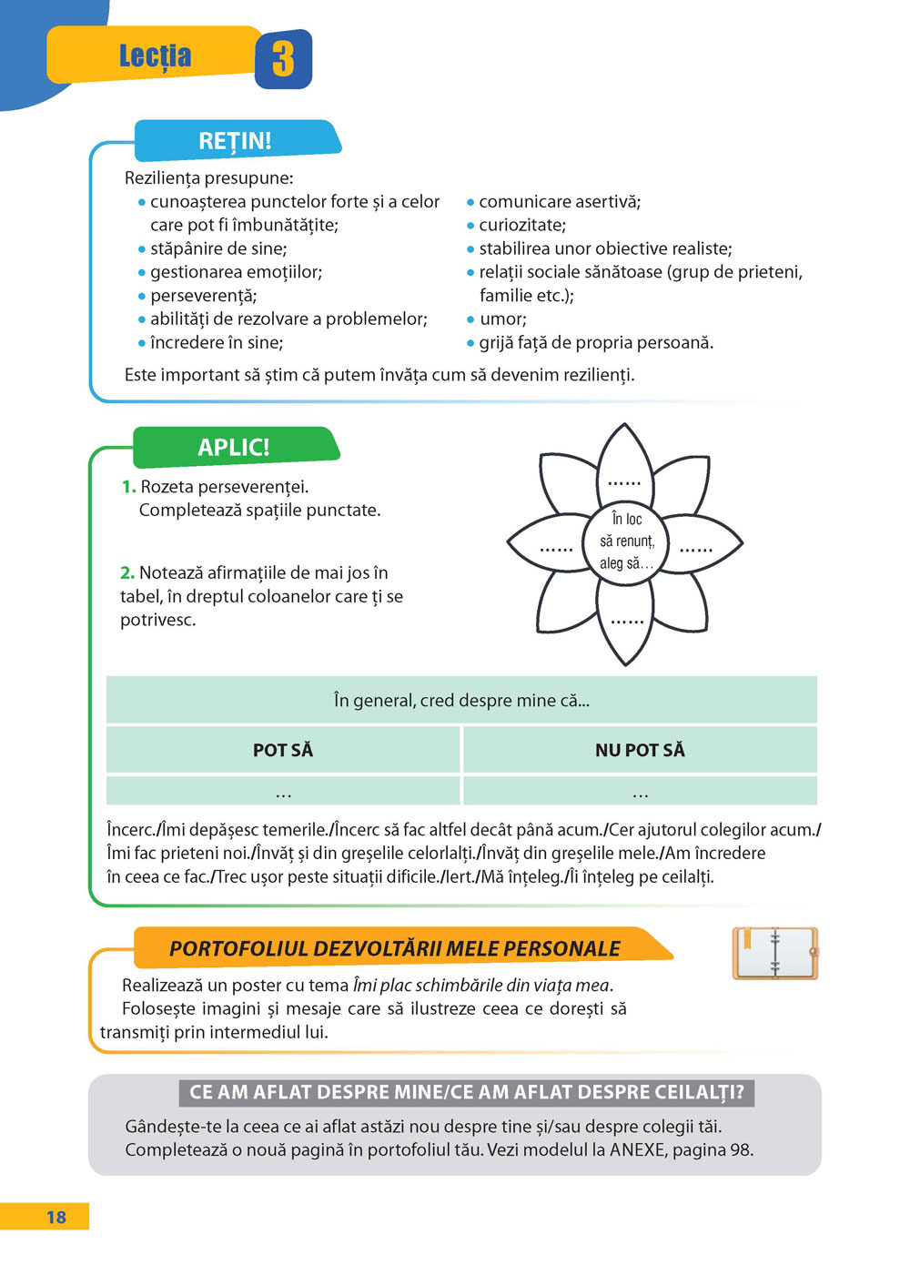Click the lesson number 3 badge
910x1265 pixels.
pos(283,59)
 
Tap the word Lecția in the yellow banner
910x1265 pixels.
pos(156,56)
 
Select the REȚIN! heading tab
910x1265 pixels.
pos(235,141)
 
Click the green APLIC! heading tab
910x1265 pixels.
pos(234,447)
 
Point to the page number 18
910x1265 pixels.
pos(56,1217)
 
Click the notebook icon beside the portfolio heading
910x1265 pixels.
pos(775,953)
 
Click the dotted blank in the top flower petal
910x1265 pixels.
pos(624,482)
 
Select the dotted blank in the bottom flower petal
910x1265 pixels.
pos(627,622)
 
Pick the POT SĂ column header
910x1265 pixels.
pos(283,750)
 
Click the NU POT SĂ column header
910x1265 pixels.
pos(640,750)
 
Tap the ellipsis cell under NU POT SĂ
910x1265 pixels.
pos(640,794)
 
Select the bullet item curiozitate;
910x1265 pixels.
pos(522,225)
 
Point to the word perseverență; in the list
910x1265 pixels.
pos(204,296)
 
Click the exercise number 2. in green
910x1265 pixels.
pos(127,572)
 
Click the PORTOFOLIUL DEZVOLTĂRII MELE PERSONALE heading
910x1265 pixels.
pos(395,948)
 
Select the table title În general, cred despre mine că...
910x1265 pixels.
pos(461,700)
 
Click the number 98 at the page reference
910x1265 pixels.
pos(740,1149)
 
